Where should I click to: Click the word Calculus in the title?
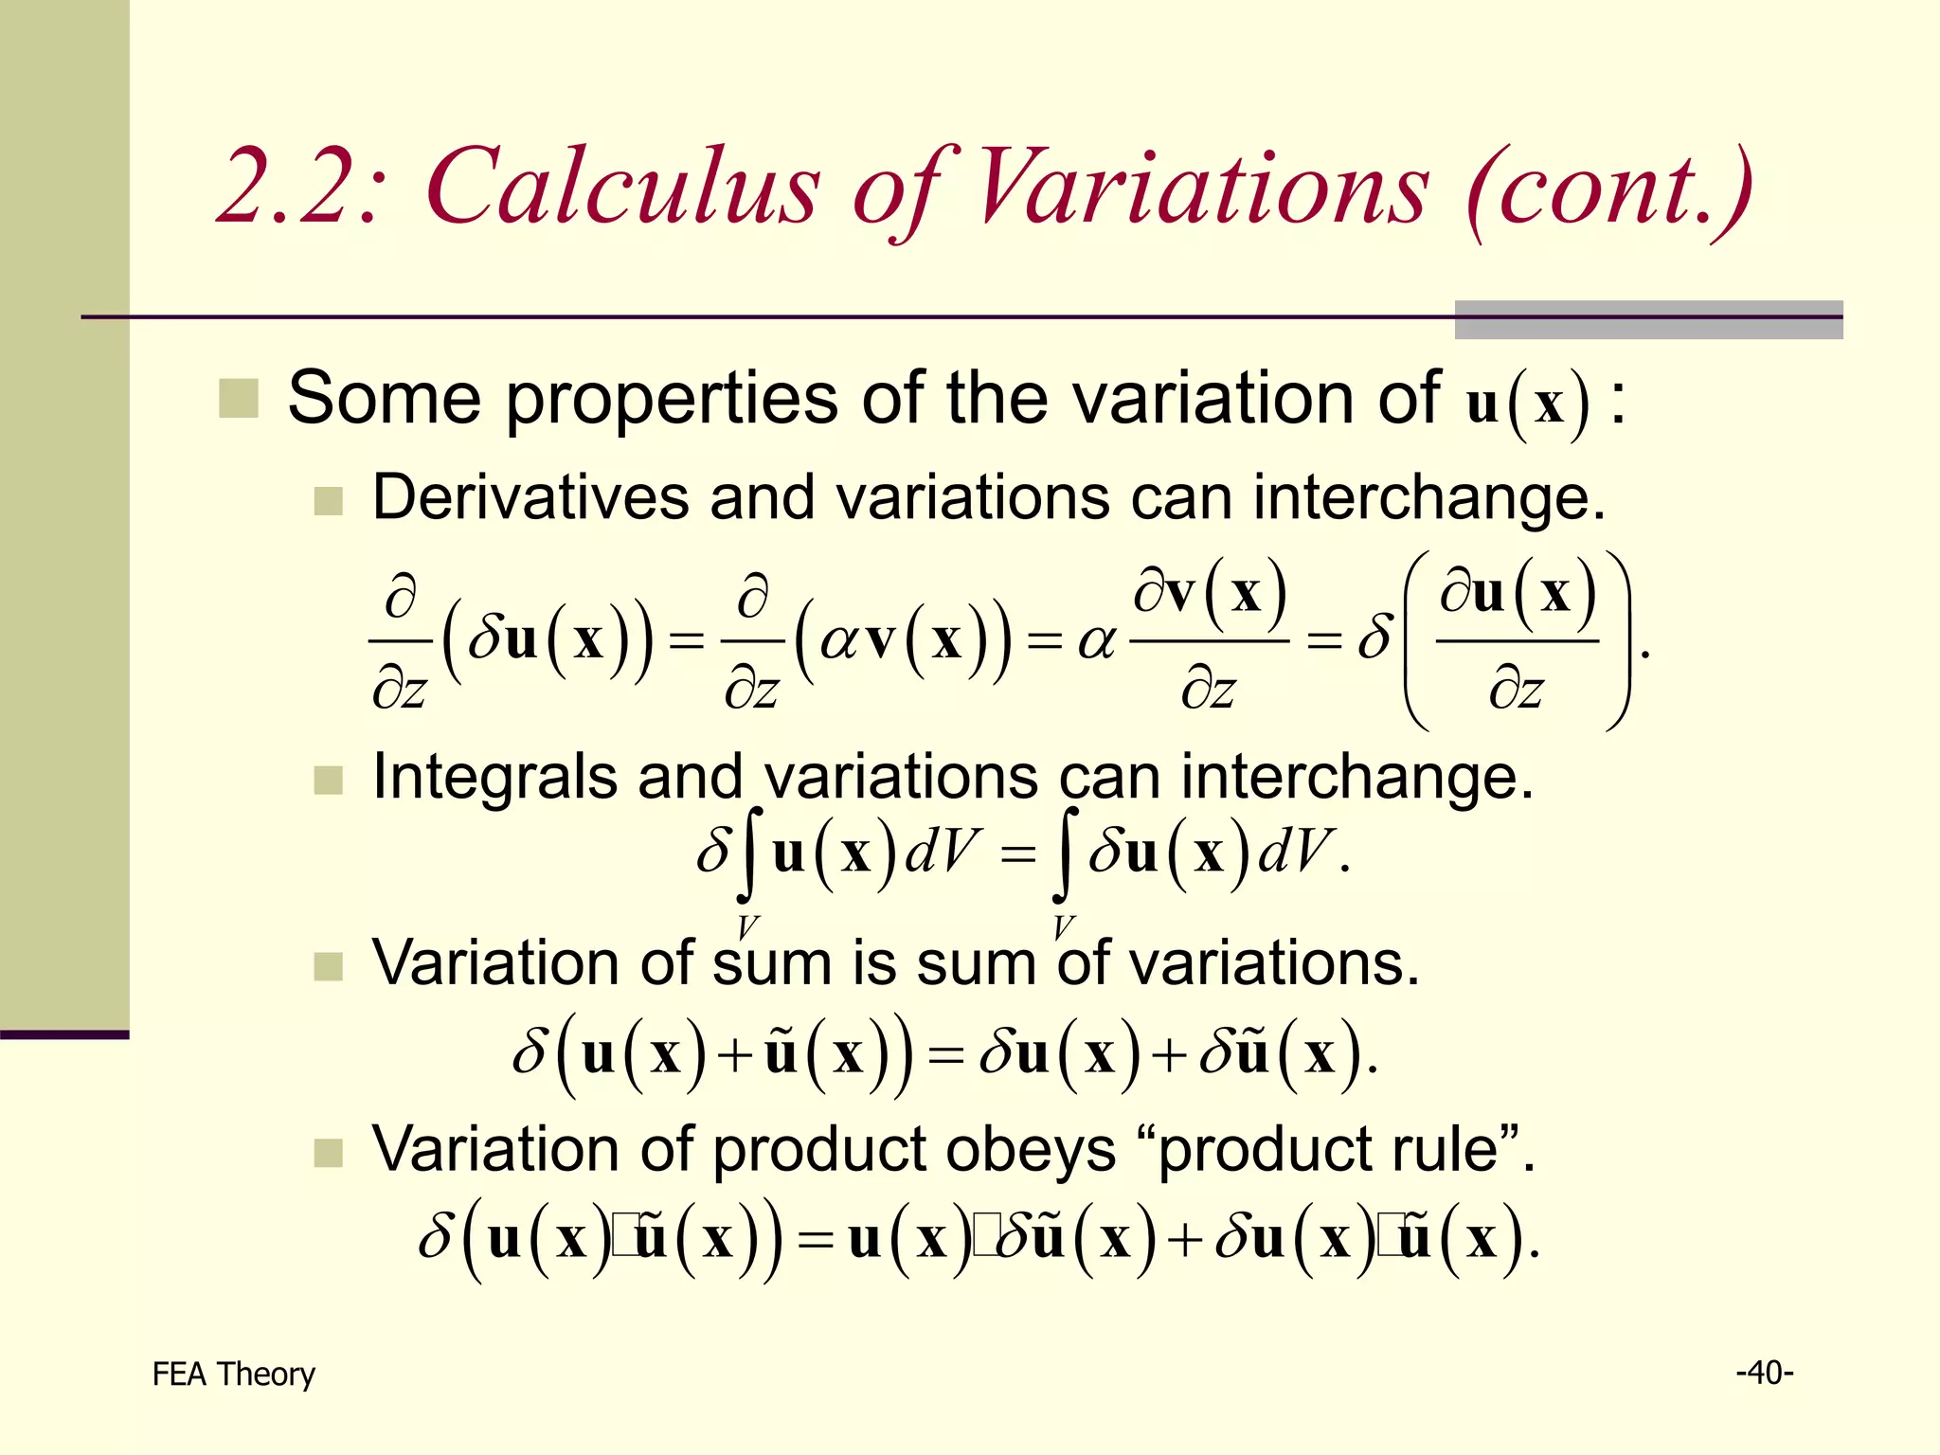(622, 187)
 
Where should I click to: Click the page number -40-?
(1764, 1372)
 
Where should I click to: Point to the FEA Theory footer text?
(233, 1374)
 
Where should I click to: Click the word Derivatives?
(530, 496)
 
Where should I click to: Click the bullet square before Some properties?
(238, 398)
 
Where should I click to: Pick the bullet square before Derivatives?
(328, 500)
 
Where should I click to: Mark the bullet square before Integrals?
(328, 780)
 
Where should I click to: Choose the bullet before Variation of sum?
(328, 966)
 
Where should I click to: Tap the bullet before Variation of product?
(328, 1152)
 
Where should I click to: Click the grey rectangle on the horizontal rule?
(1648, 319)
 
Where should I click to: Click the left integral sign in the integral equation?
(750, 853)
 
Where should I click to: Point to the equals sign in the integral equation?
(1018, 854)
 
